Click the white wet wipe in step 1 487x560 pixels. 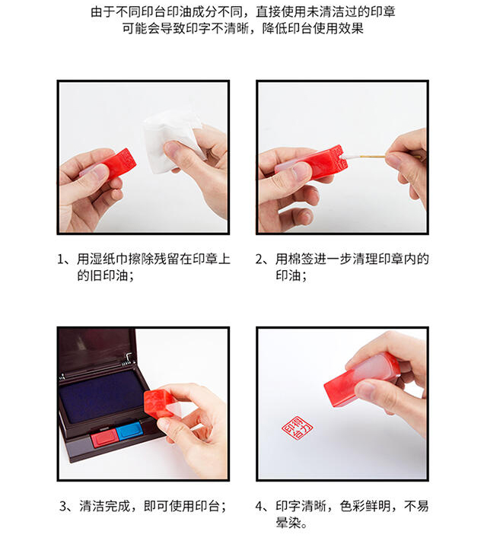[x=171, y=141]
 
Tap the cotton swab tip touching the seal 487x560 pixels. [x=346, y=157]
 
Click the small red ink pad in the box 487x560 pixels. [x=103, y=437]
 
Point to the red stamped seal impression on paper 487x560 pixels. [x=298, y=427]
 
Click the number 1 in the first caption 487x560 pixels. [x=60, y=259]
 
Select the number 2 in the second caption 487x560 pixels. [x=259, y=259]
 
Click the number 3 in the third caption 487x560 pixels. [x=63, y=506]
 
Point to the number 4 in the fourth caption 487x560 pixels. [x=259, y=506]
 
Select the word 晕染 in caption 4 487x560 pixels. [x=288, y=523]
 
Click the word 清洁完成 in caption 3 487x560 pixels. [x=104, y=506]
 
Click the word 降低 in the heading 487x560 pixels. [x=275, y=28]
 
